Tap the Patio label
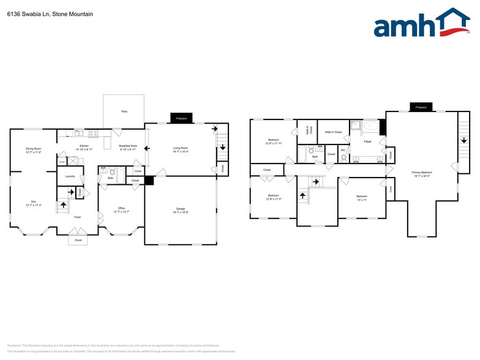click(x=124, y=111)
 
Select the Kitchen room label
click(x=84, y=146)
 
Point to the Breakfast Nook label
click(x=128, y=146)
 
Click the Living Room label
click(x=181, y=148)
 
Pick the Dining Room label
click(x=33, y=149)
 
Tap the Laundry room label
click(x=69, y=176)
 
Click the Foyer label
click(x=77, y=217)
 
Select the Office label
click(x=121, y=208)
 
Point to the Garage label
click(x=181, y=209)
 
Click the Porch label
click(x=78, y=240)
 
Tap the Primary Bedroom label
click(x=421, y=173)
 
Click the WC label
click(x=343, y=150)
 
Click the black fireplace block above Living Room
click(x=181, y=118)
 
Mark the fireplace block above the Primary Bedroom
click(x=421, y=107)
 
